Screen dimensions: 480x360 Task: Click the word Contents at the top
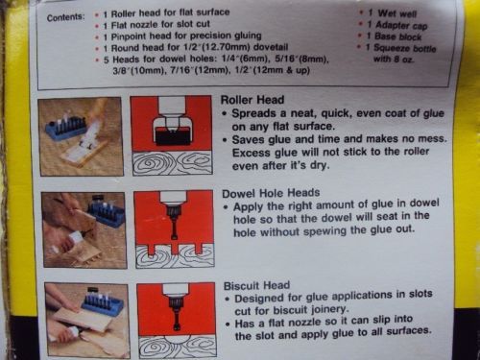[x=66, y=16]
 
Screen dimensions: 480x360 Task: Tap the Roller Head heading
[x=252, y=100]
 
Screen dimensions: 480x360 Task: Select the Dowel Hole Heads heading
[x=271, y=193]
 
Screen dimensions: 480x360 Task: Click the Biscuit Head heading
[x=256, y=285]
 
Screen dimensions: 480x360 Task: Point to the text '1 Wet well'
[x=392, y=13]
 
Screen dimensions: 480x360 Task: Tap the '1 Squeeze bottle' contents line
[x=401, y=48]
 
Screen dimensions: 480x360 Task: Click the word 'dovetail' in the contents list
[x=271, y=47]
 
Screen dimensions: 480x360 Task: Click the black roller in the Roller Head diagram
[x=172, y=136]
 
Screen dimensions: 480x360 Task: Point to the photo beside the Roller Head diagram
[x=81, y=136]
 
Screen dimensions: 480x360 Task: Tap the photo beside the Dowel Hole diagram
[x=84, y=229]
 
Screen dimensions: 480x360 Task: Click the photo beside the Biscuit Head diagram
[x=86, y=321]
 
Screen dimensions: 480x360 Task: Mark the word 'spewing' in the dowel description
[x=325, y=231]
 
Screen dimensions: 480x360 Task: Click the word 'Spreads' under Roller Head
[x=253, y=113]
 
